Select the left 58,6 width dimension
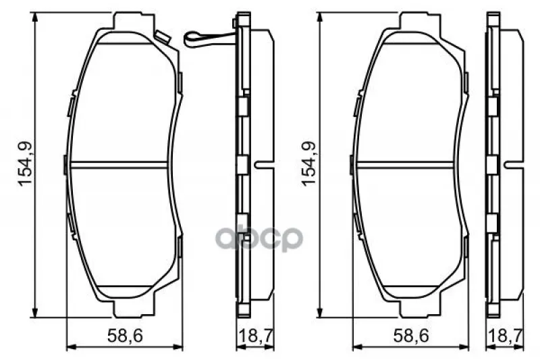point(125,335)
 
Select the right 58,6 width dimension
point(411,335)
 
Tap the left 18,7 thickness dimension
point(256,335)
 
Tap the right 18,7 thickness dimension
point(506,335)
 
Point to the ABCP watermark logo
point(259,238)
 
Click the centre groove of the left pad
point(119,165)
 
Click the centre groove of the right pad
point(405,165)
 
